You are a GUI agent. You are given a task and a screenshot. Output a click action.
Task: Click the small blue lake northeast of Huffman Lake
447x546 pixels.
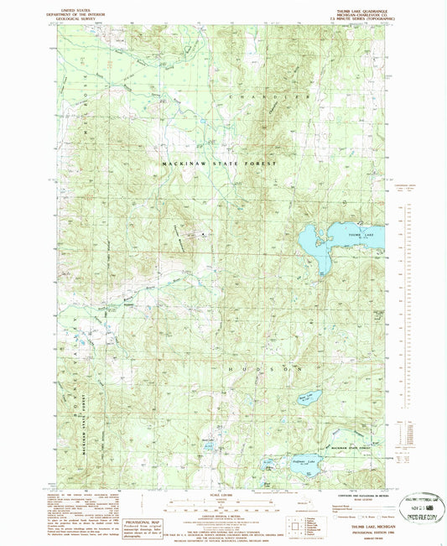click(309, 397)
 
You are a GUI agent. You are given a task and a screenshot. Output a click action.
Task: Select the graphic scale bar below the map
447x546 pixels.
click(222, 506)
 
